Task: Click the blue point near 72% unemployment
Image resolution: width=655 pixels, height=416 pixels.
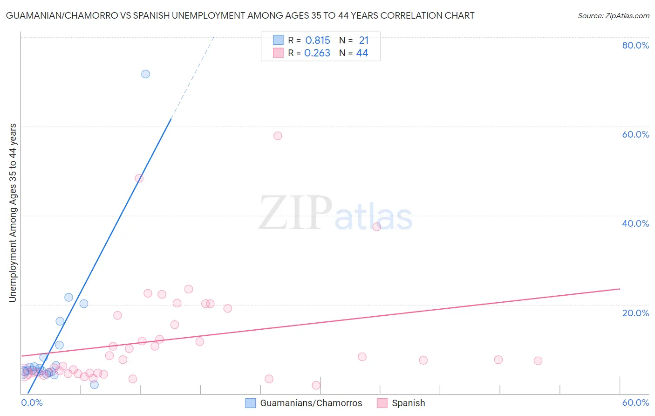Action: click(x=145, y=74)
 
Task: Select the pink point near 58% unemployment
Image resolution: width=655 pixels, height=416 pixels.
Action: click(x=278, y=136)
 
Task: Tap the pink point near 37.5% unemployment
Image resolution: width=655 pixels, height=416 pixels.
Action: click(x=376, y=227)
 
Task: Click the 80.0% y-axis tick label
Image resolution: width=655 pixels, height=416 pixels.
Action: click(x=635, y=45)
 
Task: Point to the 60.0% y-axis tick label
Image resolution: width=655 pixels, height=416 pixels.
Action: click(x=635, y=134)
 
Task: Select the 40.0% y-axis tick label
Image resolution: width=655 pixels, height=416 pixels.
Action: click(x=635, y=223)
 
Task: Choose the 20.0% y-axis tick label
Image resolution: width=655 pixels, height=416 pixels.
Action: click(x=635, y=312)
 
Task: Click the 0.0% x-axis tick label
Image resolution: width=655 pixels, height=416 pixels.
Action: click(x=32, y=402)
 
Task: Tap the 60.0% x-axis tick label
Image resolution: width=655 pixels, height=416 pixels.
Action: click(x=635, y=402)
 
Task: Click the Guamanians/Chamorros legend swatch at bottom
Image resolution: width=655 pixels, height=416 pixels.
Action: click(x=251, y=403)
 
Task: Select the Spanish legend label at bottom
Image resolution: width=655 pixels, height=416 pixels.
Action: click(x=408, y=403)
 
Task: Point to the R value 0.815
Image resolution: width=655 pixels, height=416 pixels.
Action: click(x=318, y=41)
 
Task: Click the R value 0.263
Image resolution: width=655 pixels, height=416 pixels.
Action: click(x=317, y=53)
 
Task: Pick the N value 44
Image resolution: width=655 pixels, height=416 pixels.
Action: click(x=362, y=53)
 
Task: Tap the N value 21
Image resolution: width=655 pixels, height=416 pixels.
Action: click(x=363, y=41)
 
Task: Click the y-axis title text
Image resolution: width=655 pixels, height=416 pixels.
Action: click(x=13, y=212)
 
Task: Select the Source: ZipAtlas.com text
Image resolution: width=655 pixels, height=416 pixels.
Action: click(x=613, y=16)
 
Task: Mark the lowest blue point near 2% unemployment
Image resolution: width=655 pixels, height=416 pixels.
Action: click(x=94, y=385)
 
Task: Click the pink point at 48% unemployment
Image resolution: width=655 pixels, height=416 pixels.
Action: click(x=139, y=178)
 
